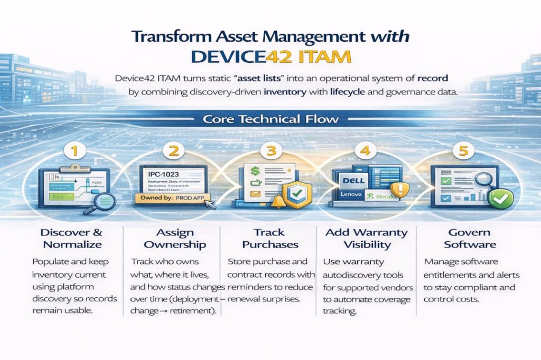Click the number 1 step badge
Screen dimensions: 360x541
(74, 151)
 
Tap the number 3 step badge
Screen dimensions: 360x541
(271, 151)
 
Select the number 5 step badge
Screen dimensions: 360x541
(463, 151)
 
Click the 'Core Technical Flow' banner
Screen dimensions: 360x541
(270, 119)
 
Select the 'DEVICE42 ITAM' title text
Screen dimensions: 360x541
(270, 56)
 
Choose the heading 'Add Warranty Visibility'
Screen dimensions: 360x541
(366, 239)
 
